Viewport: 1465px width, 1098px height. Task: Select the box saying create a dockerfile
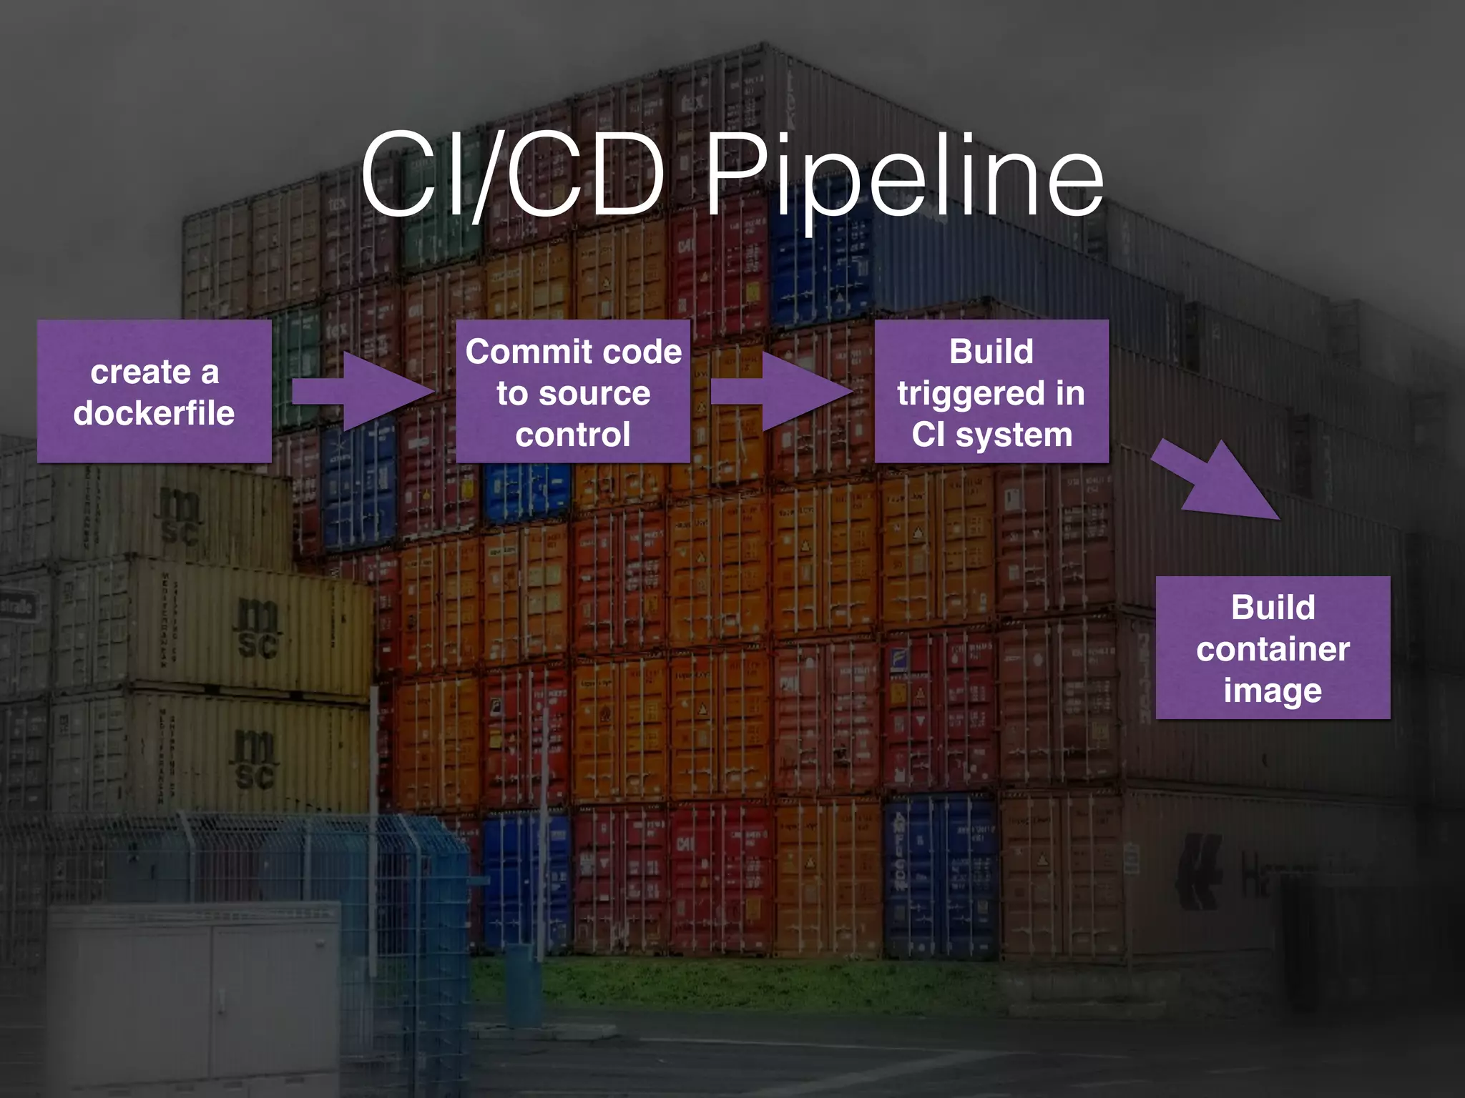coord(154,392)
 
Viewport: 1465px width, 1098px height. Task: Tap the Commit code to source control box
coord(573,392)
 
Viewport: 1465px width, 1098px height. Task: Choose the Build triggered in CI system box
coord(991,392)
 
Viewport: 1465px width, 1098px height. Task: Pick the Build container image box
coord(1273,648)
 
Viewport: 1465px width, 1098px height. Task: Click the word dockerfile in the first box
coord(154,413)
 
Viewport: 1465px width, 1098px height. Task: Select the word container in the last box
coord(1273,649)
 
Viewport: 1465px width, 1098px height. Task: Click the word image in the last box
coord(1273,691)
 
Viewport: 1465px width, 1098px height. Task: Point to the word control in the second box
coord(573,435)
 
